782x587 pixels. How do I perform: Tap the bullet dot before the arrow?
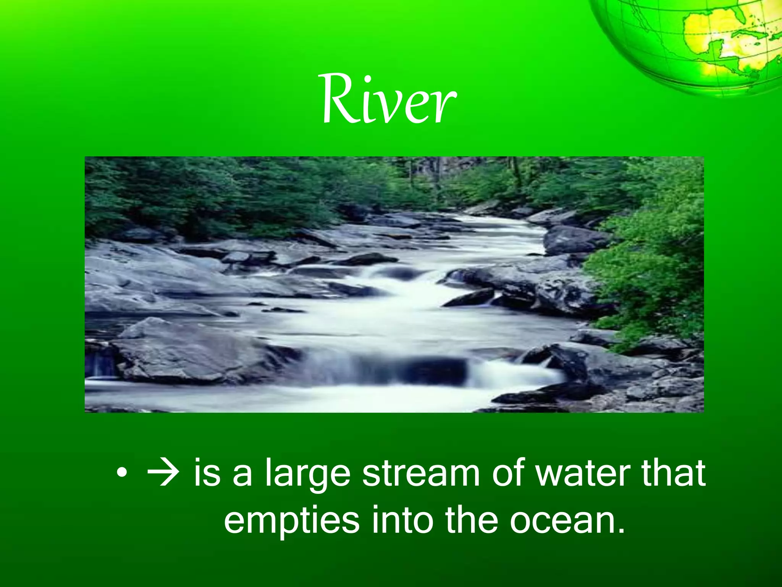coord(121,474)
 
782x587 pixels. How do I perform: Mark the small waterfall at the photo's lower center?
coord(386,369)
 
